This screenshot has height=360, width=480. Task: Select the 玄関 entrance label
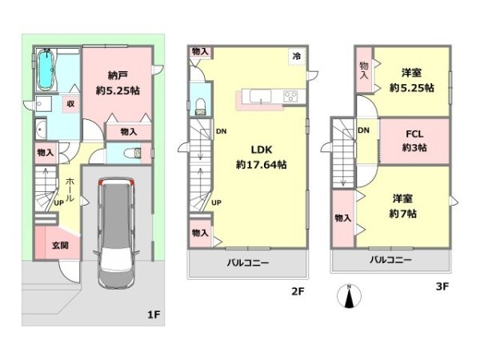point(60,246)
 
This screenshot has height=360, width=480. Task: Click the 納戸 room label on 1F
point(118,75)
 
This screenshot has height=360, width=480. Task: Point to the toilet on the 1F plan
point(133,153)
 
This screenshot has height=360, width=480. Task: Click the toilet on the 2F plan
point(201,106)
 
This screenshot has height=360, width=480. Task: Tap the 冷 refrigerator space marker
point(296,56)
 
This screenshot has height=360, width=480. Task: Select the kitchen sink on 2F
point(261,97)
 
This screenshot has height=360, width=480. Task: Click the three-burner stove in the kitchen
point(290,97)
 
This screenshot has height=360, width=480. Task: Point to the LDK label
point(262,150)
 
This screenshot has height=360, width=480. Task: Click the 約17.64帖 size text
point(261,165)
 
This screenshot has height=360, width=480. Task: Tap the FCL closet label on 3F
point(414,134)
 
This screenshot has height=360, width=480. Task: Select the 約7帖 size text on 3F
point(402,214)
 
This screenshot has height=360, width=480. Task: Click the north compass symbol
point(349,296)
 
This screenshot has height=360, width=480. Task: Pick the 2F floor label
point(298,291)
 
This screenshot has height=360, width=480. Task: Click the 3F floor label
point(442,286)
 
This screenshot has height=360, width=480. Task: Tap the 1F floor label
point(154,314)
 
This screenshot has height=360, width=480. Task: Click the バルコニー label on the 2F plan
point(248,262)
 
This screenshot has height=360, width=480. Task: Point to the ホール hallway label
point(70,190)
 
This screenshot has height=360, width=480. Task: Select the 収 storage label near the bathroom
point(70,104)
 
